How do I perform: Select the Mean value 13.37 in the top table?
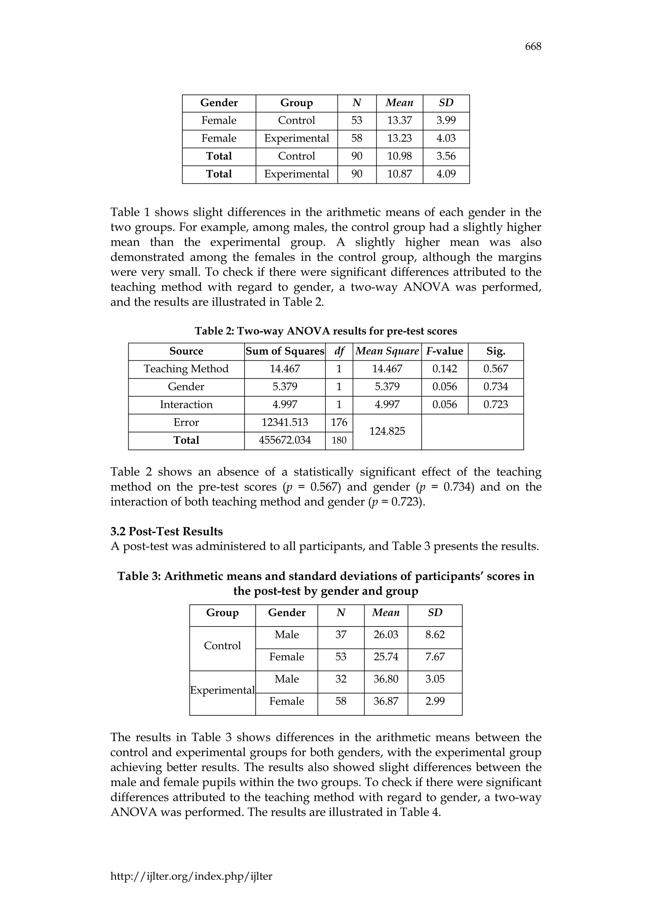tap(399, 120)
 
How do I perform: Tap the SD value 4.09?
tap(446, 174)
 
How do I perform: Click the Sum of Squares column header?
tap(285, 351)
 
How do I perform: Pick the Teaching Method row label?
tap(186, 369)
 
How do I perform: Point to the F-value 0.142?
tap(444, 369)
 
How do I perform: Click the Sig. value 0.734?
tap(495, 387)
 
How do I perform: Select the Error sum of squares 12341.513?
tap(285, 422)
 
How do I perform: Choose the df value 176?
tap(339, 422)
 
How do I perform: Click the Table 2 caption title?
tap(326, 331)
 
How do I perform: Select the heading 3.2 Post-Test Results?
tap(166, 532)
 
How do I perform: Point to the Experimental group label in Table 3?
tap(222, 690)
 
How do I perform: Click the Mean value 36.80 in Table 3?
tap(386, 679)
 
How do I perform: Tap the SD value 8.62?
tap(435, 635)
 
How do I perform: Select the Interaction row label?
tap(186, 405)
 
